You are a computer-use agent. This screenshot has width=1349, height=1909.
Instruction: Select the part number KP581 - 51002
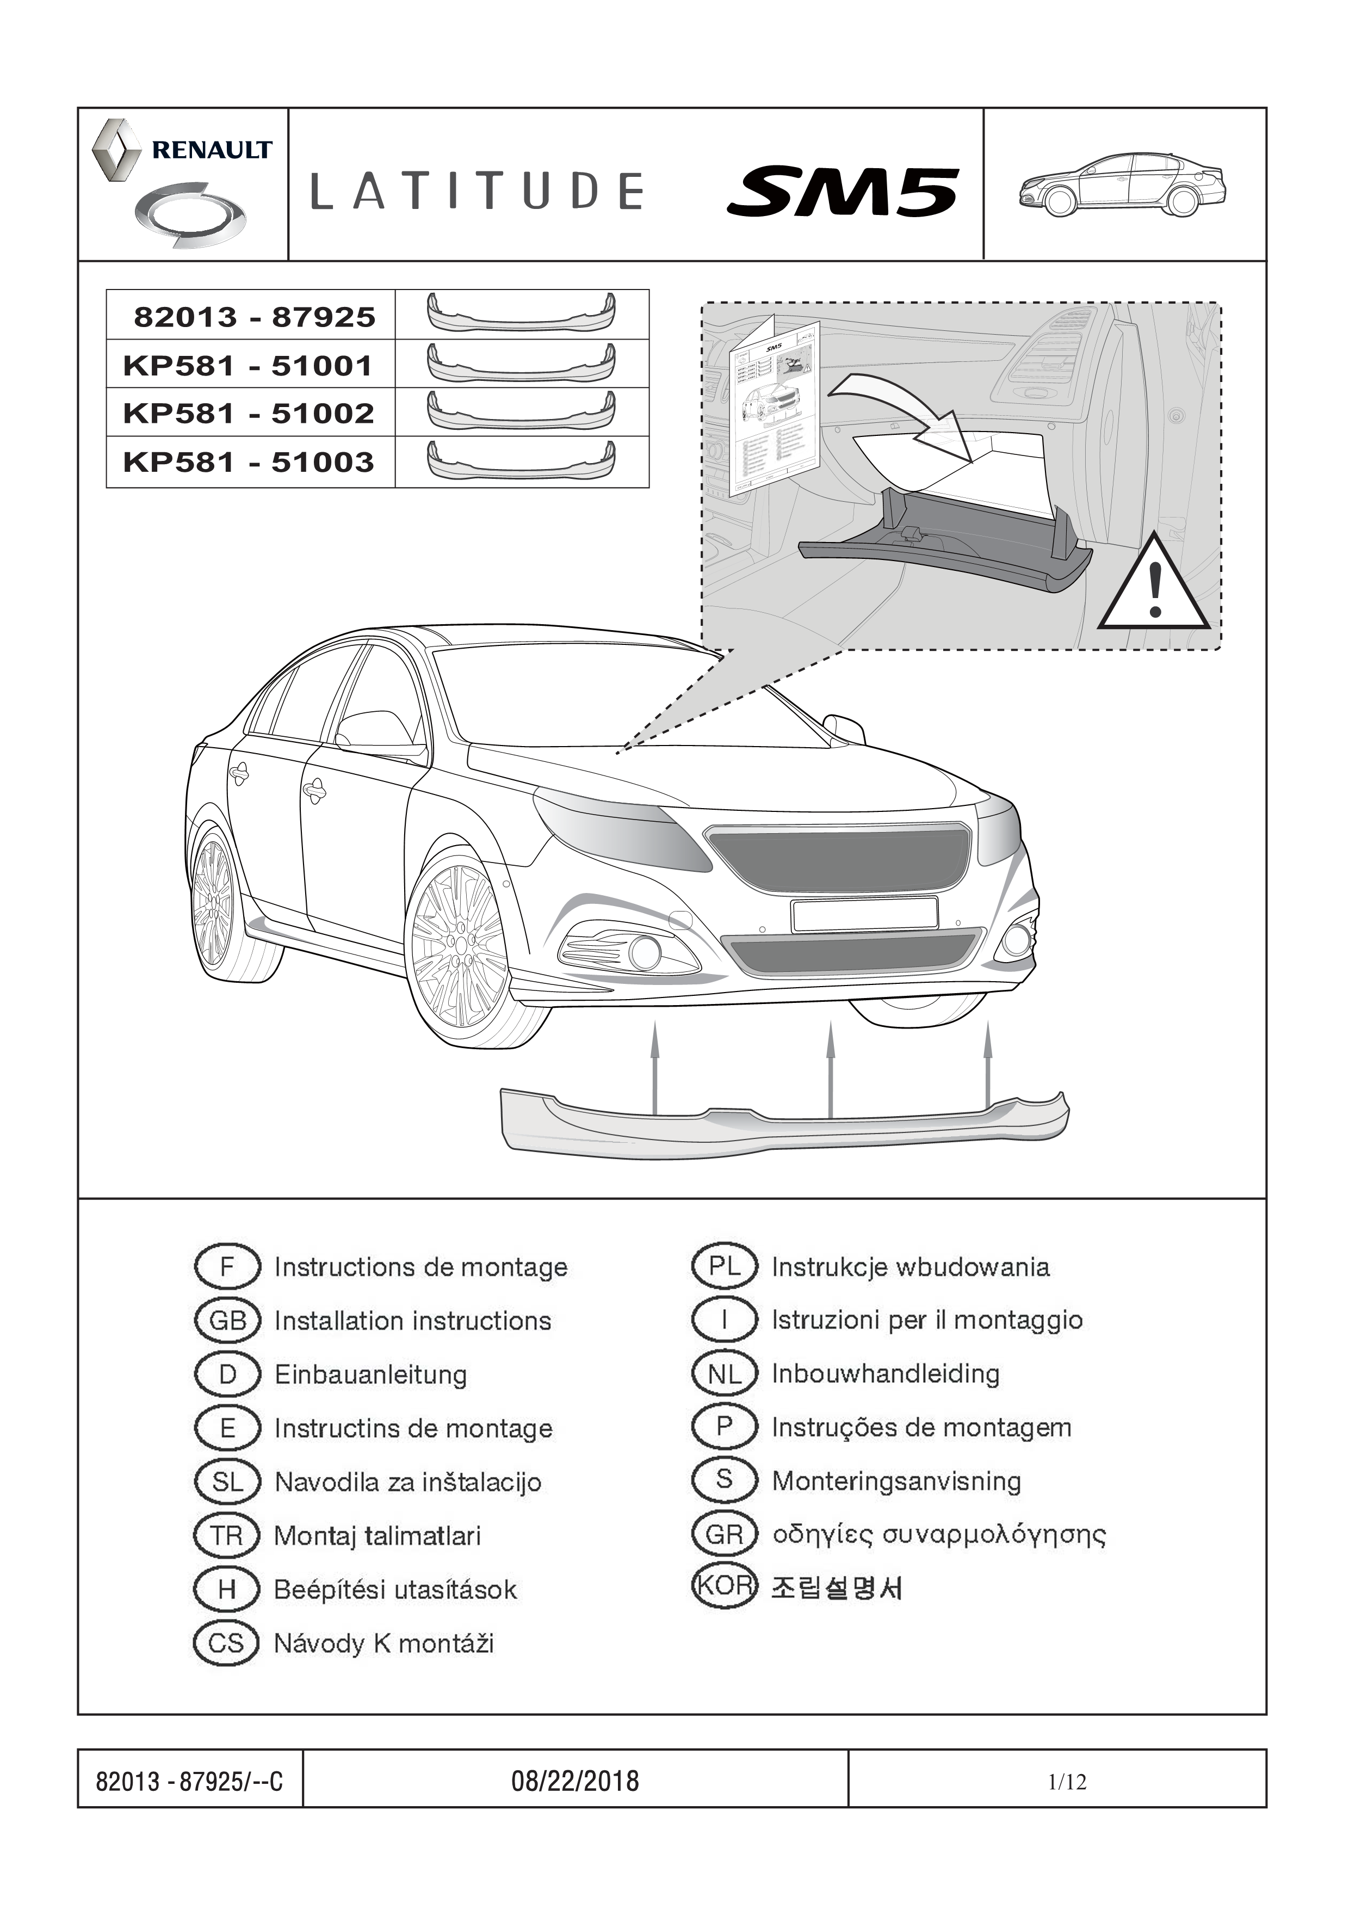pyautogui.click(x=249, y=413)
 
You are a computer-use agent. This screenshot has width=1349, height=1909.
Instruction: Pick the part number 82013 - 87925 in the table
pyautogui.click(x=255, y=317)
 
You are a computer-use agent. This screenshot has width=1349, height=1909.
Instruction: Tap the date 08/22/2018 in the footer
pyautogui.click(x=575, y=1781)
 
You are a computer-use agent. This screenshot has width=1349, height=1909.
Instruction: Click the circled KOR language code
pyautogui.click(x=724, y=1586)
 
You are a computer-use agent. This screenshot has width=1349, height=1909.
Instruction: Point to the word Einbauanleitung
pyautogui.click(x=371, y=1375)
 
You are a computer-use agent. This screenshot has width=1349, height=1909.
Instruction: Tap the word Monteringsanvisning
pyautogui.click(x=896, y=1481)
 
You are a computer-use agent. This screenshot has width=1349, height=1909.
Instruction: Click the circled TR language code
pyautogui.click(x=227, y=1536)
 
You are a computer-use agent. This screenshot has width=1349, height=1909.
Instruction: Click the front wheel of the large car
pyautogui.click(x=460, y=948)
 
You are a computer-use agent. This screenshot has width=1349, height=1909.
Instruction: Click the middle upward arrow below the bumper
pyautogui.click(x=830, y=1068)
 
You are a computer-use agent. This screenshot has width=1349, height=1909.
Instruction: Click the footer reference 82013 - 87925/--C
pyautogui.click(x=189, y=1782)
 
